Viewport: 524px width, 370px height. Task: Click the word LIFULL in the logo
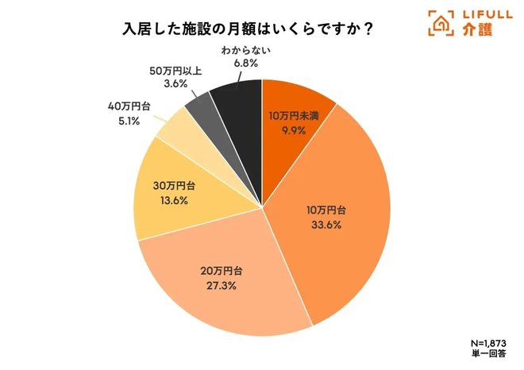click(x=483, y=15)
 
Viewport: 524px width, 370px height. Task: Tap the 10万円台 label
click(x=327, y=210)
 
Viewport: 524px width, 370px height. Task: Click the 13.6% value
click(x=168, y=200)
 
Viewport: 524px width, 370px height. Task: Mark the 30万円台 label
click(x=168, y=187)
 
